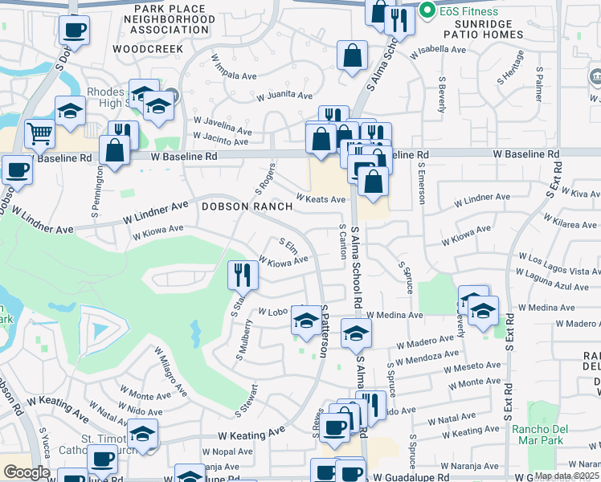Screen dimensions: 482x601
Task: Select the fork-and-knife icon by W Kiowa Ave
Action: pyautogui.click(x=243, y=276)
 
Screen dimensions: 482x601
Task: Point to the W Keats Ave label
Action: pyautogui.click(x=321, y=198)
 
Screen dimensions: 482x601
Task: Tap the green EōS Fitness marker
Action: pyautogui.click(x=427, y=11)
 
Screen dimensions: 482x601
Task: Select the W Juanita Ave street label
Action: pyautogui.click(x=284, y=96)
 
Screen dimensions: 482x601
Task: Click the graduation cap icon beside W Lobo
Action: pyautogui.click(x=305, y=321)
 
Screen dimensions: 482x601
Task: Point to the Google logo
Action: pyautogui.click(x=27, y=472)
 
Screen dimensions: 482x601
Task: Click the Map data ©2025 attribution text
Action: pyautogui.click(x=567, y=476)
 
